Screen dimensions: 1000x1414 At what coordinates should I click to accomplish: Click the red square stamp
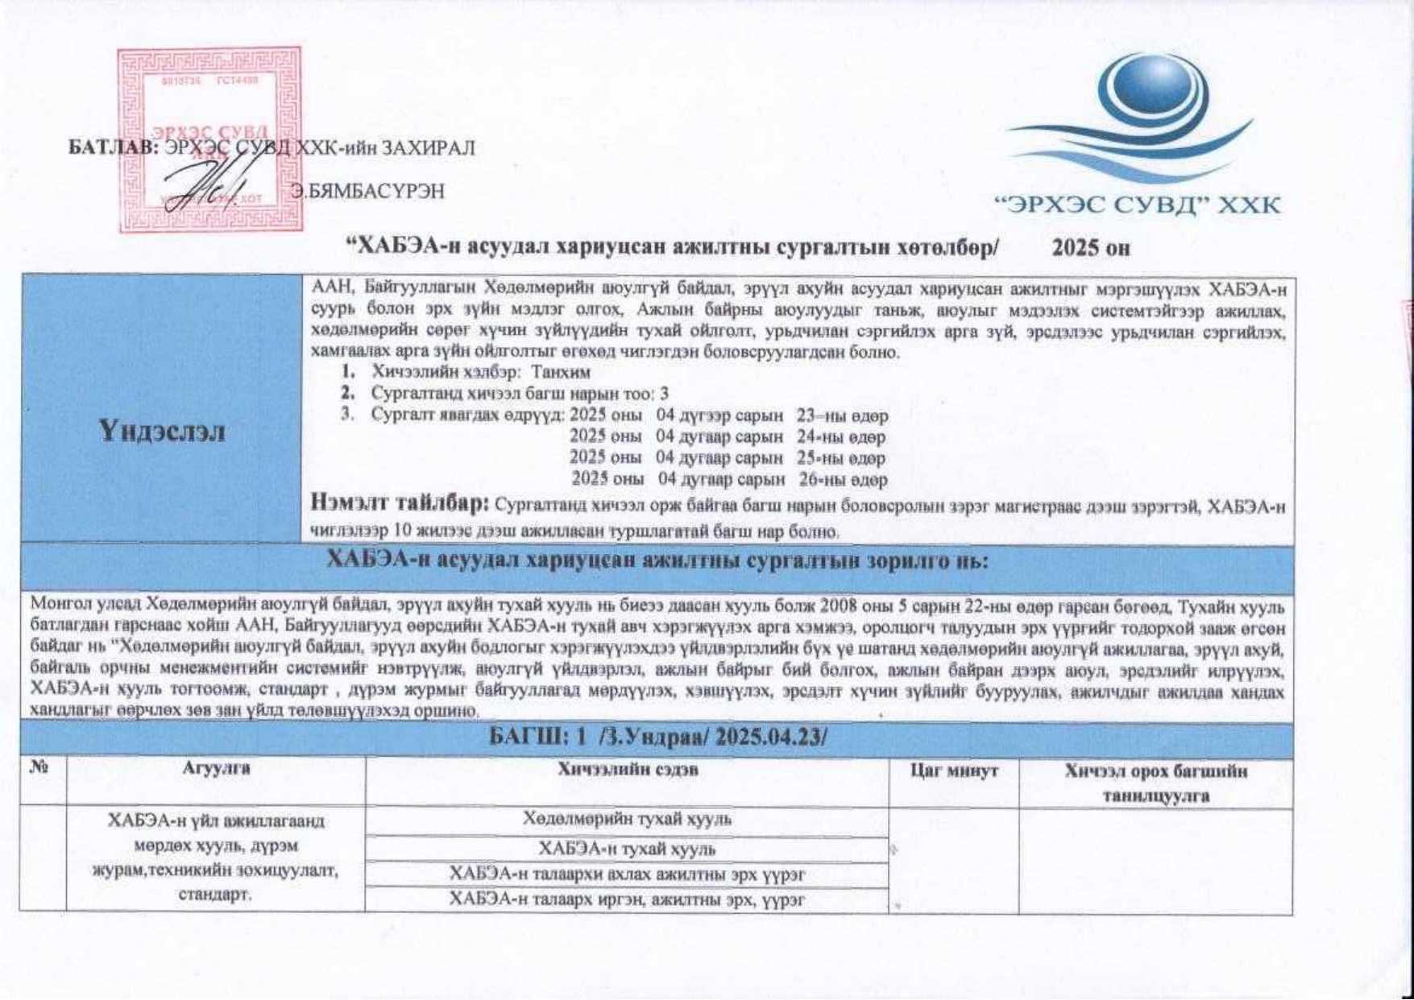coord(209,138)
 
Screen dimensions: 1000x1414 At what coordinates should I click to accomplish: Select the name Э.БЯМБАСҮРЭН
coord(368,192)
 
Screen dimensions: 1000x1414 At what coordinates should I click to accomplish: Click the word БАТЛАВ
coord(114,148)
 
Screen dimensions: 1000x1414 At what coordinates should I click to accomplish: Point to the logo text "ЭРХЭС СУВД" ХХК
coord(1138,205)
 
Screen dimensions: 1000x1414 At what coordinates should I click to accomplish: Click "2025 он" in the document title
coord(1091,248)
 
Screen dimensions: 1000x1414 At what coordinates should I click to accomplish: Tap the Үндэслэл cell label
coord(163,432)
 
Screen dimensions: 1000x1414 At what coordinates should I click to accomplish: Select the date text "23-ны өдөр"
coord(842,416)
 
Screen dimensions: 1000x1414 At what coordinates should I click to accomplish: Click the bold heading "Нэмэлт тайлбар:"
coord(400,504)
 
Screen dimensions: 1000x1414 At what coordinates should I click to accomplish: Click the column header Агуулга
coord(216,769)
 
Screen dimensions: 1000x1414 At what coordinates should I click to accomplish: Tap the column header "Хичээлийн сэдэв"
coord(628,770)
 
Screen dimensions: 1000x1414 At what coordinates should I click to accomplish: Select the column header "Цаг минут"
coord(954,771)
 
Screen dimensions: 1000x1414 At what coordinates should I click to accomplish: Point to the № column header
coord(39,769)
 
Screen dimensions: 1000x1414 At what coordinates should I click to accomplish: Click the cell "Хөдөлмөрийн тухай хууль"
coord(627,820)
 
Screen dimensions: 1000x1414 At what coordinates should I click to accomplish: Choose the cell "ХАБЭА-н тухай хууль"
coord(627,849)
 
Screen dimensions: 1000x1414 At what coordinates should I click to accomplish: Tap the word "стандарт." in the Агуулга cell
coord(216,895)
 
